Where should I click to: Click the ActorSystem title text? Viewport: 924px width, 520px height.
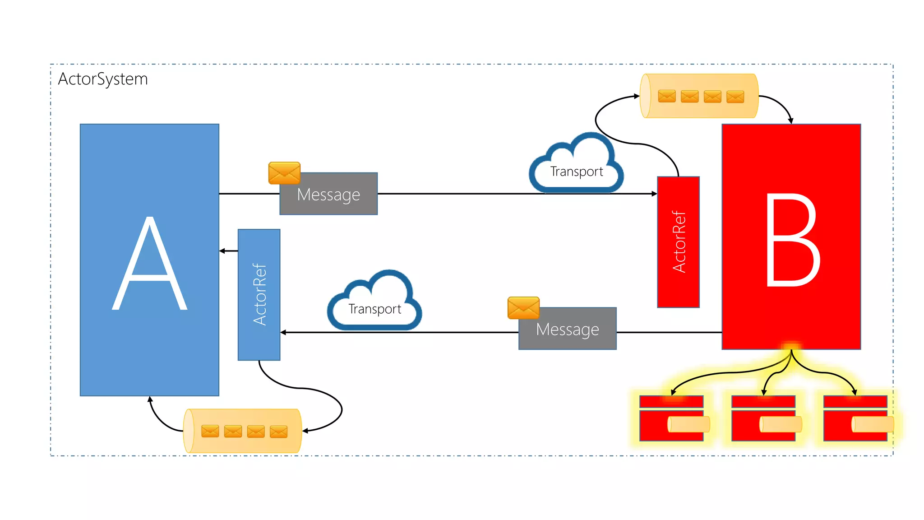pos(103,79)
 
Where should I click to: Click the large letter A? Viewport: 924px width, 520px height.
pos(149,264)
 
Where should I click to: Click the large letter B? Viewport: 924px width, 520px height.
pos(792,239)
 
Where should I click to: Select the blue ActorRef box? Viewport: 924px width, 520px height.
pos(259,294)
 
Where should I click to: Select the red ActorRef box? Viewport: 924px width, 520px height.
pos(678,242)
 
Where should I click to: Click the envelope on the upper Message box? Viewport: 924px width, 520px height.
pos(284,173)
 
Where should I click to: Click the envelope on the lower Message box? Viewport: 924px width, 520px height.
pos(523,308)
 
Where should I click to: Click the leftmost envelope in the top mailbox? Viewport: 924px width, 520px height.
pos(667,96)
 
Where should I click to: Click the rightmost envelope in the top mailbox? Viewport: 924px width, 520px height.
pos(735,97)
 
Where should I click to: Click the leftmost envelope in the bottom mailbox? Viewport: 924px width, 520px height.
pos(210,431)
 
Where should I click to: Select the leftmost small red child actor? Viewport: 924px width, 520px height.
pos(671,418)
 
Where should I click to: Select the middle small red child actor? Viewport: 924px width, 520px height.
pos(763,418)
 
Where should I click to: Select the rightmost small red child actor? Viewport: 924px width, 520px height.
pos(855,418)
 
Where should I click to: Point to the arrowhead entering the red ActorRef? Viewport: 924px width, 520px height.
pos(654,194)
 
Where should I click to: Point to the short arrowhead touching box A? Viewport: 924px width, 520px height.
pos(222,251)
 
